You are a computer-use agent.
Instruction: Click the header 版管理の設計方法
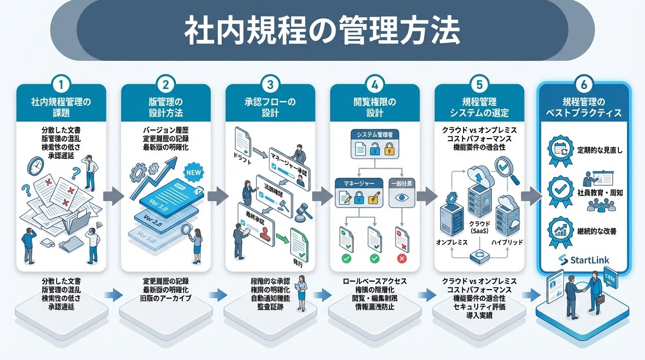tap(165, 107)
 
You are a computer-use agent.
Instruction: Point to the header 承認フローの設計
tap(270, 107)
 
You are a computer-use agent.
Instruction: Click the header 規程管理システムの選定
tap(479, 107)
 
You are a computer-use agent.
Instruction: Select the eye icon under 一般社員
tap(403, 198)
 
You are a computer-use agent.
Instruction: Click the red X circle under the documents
tap(401, 258)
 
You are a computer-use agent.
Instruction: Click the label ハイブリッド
tap(508, 242)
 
